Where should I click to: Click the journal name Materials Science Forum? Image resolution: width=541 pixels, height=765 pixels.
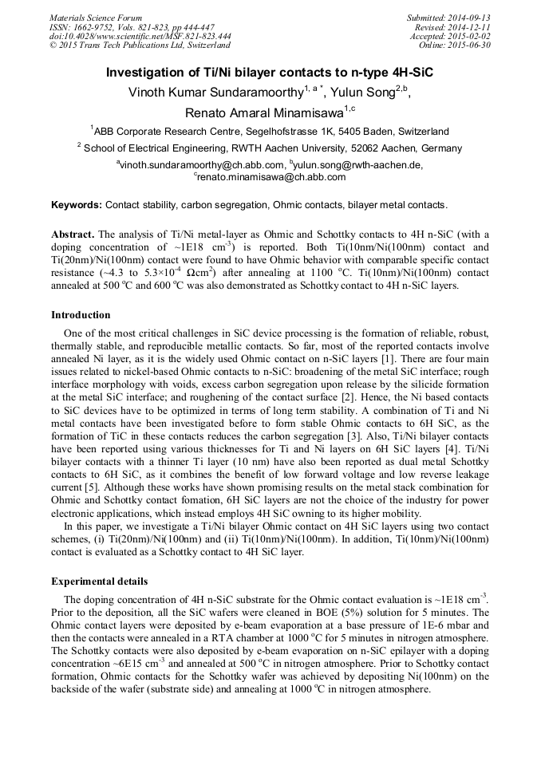96,18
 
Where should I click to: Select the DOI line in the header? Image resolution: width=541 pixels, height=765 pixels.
140,36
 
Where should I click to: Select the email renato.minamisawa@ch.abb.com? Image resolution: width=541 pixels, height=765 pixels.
271,177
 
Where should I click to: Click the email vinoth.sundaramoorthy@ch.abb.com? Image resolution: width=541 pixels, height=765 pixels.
200,165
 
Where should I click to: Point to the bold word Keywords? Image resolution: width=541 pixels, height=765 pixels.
77,205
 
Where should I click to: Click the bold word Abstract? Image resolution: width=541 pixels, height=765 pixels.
73,235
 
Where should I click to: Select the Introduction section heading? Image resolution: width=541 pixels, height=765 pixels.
81,315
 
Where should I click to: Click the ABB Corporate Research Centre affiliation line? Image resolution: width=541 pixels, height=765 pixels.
270,132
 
